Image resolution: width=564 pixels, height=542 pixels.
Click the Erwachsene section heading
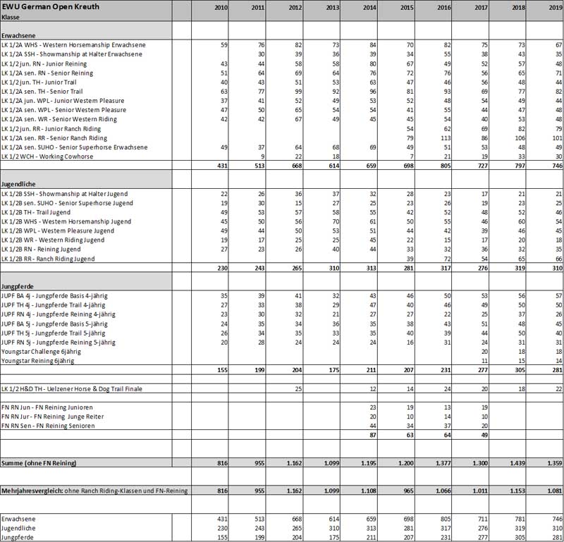[20, 34]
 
